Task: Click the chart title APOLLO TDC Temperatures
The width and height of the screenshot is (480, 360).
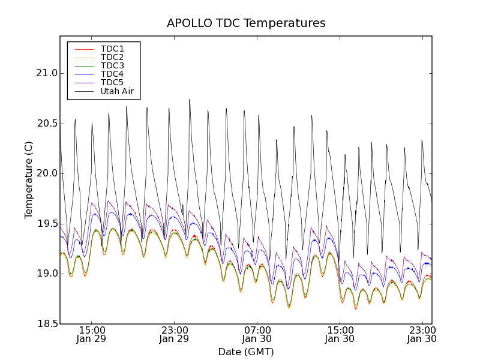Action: (246, 23)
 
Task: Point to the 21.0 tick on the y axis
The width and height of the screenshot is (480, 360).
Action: (46, 73)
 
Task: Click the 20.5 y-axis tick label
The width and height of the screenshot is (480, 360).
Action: (46, 124)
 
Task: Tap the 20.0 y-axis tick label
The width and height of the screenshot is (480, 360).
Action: (46, 173)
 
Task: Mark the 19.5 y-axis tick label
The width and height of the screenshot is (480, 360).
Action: (46, 224)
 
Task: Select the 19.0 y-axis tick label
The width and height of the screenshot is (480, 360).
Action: (46, 274)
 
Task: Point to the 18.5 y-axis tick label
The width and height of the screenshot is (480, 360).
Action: (46, 324)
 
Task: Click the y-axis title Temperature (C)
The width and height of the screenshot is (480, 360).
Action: (29, 180)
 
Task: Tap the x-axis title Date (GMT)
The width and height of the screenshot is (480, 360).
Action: (246, 352)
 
